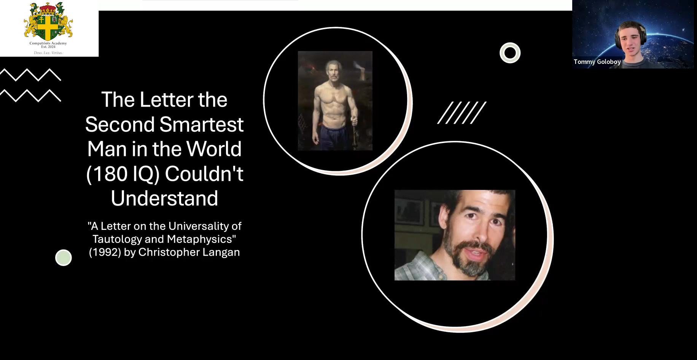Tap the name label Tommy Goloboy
tap(597, 62)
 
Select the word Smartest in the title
tap(201, 124)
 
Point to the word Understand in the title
tap(164, 198)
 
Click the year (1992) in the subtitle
tap(105, 252)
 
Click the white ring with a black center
tap(510, 53)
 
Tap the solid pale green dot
tap(64, 258)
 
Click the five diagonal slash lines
tap(462, 113)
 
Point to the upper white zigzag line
tap(30, 75)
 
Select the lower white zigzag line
tap(30, 96)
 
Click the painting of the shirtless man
tap(335, 101)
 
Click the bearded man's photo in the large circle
tap(455, 235)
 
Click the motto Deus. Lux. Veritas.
tap(48, 53)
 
